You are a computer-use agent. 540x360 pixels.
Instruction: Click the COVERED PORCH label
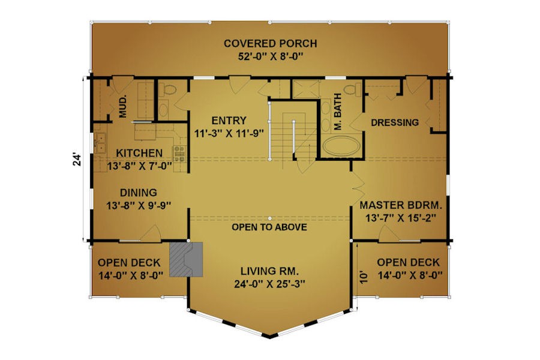pyautogui.click(x=271, y=44)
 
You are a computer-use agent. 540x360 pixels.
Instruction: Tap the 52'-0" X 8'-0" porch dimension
pyautogui.click(x=271, y=56)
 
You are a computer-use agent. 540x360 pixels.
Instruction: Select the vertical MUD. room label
pyautogui.click(x=123, y=106)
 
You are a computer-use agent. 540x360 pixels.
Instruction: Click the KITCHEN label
pyautogui.click(x=139, y=153)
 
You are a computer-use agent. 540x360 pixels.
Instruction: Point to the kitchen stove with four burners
pyautogui.click(x=179, y=154)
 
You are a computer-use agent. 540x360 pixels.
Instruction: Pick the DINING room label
pyautogui.click(x=139, y=193)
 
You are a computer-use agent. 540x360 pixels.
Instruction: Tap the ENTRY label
pyautogui.click(x=229, y=121)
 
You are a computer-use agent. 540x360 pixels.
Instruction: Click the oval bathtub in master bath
pyautogui.click(x=341, y=146)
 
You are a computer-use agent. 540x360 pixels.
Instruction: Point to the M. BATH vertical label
pyautogui.click(x=338, y=112)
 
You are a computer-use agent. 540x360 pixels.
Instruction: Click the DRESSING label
pyautogui.click(x=395, y=122)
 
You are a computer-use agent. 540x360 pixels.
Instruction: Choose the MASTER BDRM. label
pyautogui.click(x=401, y=205)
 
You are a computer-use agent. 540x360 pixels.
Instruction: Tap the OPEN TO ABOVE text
pyautogui.click(x=269, y=227)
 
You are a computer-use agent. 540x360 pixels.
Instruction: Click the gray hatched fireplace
pyautogui.click(x=186, y=259)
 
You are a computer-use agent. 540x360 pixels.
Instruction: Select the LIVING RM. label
pyautogui.click(x=269, y=271)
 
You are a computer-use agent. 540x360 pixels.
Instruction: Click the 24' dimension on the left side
pyautogui.click(x=77, y=159)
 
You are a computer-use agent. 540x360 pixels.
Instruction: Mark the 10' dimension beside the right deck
pyautogui.click(x=364, y=277)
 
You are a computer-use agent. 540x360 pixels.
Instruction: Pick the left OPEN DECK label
pyautogui.click(x=129, y=263)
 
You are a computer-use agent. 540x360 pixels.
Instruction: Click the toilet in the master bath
pyautogui.click(x=351, y=89)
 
